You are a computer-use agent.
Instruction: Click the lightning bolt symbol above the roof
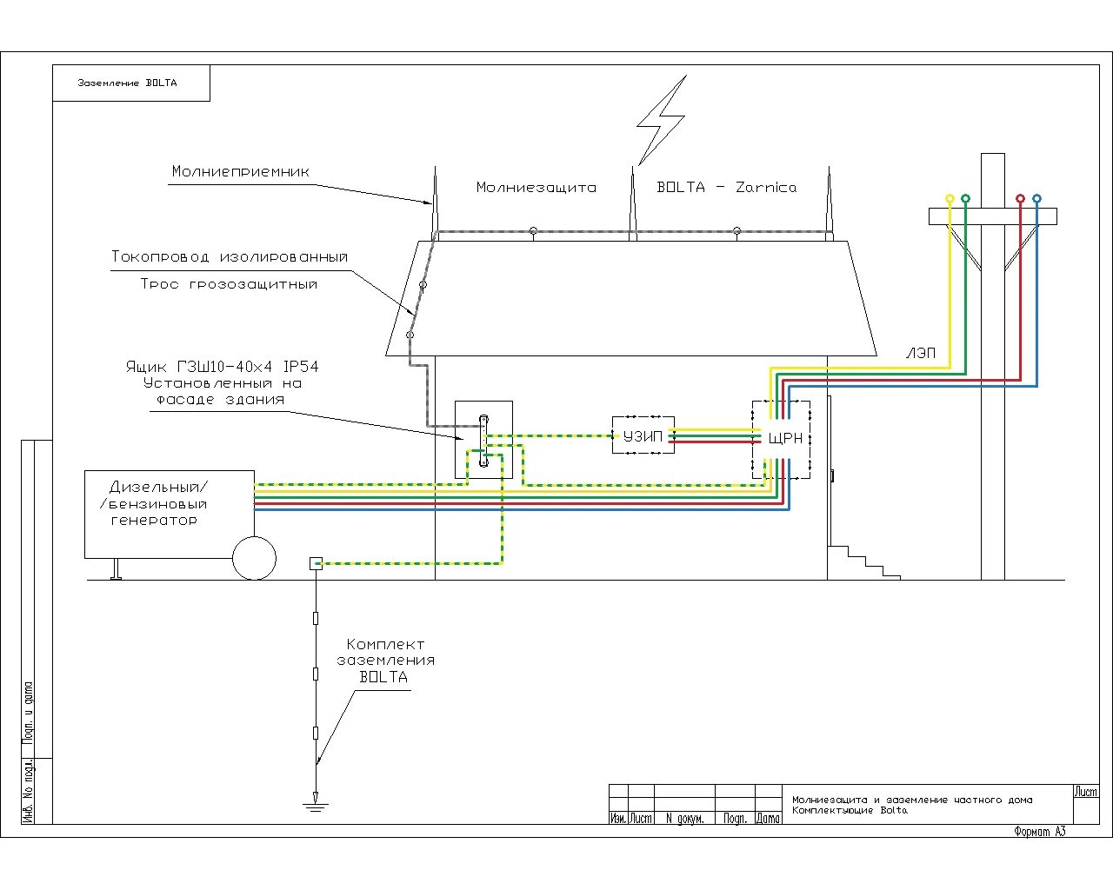click(662, 121)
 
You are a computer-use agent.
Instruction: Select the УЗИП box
click(643, 436)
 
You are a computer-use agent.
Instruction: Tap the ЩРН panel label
click(786, 439)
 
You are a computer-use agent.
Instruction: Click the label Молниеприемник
click(241, 172)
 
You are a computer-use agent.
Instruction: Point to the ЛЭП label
click(921, 353)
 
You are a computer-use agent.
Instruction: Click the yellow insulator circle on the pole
click(950, 199)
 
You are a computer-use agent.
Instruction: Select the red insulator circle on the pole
click(1021, 199)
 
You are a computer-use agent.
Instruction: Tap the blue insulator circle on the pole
click(1036, 199)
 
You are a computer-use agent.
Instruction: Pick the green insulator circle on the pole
click(965, 199)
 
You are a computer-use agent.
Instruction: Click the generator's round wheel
click(254, 558)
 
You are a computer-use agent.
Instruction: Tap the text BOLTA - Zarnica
click(727, 188)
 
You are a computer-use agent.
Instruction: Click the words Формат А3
click(1039, 832)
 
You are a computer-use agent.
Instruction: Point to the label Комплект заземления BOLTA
click(385, 661)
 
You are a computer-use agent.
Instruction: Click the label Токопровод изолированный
click(230, 257)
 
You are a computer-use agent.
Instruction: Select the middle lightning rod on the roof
click(633, 204)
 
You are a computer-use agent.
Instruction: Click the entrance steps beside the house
click(864, 562)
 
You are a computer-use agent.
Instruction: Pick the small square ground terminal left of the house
click(316, 563)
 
